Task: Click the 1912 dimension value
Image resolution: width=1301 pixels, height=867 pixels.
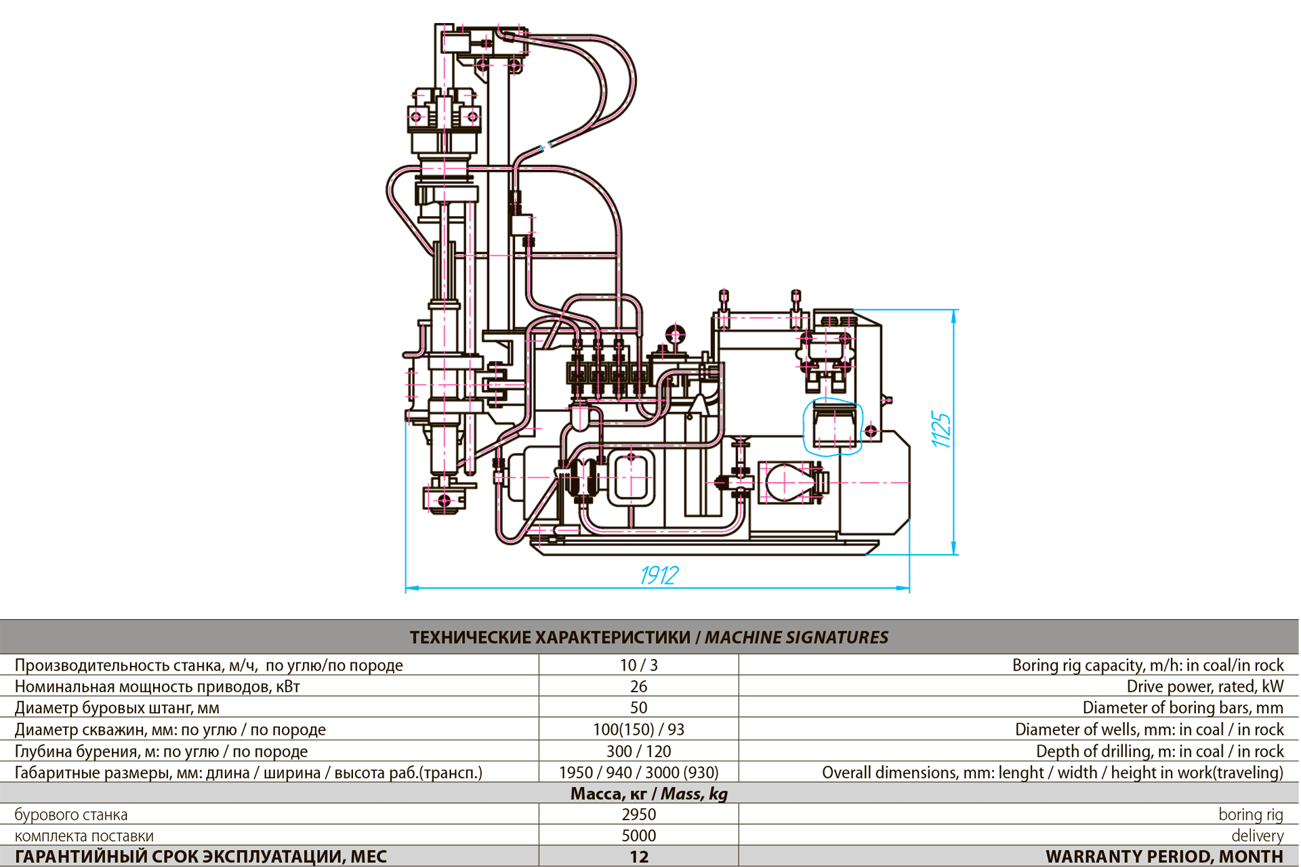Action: (x=659, y=575)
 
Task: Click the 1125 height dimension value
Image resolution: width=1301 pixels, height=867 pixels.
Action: (x=941, y=429)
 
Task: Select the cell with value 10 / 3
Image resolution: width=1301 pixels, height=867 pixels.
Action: (x=638, y=665)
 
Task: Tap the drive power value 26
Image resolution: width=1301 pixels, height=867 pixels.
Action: (x=638, y=686)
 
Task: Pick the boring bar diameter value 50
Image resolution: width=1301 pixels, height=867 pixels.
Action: (x=638, y=708)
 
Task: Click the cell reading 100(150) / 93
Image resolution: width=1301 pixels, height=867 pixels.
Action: (x=638, y=729)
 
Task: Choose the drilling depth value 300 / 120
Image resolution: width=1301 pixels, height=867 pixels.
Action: (x=638, y=751)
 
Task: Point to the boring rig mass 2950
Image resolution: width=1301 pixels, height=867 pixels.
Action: (x=638, y=814)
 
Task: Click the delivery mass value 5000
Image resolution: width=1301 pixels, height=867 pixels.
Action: (x=638, y=835)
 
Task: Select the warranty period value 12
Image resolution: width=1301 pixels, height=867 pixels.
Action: (x=638, y=857)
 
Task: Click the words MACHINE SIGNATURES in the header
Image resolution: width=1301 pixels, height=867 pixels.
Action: (x=796, y=637)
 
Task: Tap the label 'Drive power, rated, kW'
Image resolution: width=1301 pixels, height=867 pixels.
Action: (x=1205, y=686)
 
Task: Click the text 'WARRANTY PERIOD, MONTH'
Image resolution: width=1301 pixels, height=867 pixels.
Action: (x=1164, y=857)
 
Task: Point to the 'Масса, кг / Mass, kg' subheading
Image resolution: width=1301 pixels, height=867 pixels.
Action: (x=649, y=793)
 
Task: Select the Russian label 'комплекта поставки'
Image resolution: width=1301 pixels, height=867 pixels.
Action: (x=84, y=836)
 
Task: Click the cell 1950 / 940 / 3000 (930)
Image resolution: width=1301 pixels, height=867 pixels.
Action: (x=638, y=772)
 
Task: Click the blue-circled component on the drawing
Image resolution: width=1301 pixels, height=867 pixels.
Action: (x=833, y=427)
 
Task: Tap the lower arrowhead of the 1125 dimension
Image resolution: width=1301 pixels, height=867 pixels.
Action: (x=954, y=548)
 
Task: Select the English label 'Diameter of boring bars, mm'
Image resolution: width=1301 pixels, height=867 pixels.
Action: (x=1183, y=708)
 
